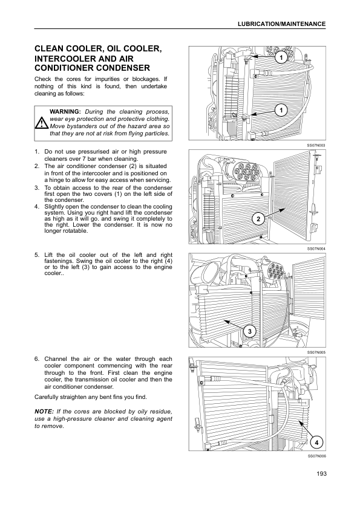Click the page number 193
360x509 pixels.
[321, 473]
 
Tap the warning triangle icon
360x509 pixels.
[42, 123]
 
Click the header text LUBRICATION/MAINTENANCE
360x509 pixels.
[282, 24]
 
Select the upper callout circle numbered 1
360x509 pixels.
[281, 58]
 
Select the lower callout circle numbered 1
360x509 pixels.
[281, 111]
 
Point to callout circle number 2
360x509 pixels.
[258, 219]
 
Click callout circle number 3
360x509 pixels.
[249, 332]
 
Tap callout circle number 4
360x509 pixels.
[316, 443]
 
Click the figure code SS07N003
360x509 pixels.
[316, 146]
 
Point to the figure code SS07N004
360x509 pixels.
[316, 248]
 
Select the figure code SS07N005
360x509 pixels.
[316, 352]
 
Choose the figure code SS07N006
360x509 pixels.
[316, 456]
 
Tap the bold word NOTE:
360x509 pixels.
[44, 412]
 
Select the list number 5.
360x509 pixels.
[36, 255]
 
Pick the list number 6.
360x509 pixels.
[36, 358]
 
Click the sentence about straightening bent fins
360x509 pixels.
[91, 397]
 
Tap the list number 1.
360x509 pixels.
[36, 152]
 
